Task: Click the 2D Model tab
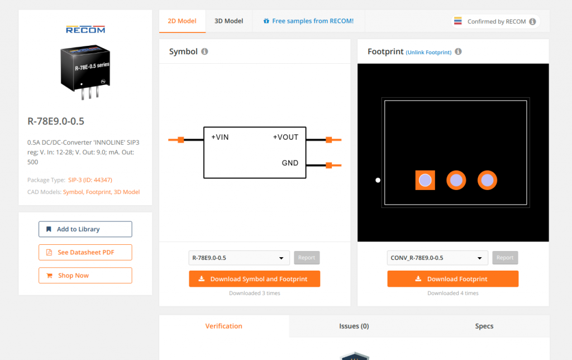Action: tap(182, 21)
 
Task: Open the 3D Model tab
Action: tap(228, 21)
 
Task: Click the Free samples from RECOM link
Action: tap(308, 21)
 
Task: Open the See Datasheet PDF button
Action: tap(85, 252)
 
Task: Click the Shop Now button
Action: tap(85, 276)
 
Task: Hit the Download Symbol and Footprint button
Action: tap(254, 279)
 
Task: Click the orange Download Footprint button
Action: tap(452, 279)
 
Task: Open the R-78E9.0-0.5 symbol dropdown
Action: tap(239, 258)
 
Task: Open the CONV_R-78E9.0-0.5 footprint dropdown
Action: tap(437, 258)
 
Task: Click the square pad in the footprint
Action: tap(425, 180)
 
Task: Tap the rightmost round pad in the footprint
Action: tap(487, 180)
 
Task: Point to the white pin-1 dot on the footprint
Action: tap(378, 180)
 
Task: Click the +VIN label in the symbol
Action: tap(220, 138)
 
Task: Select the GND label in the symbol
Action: tap(290, 163)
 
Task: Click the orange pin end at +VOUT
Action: tap(330, 140)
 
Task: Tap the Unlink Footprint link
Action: tap(428, 53)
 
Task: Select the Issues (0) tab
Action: tap(354, 326)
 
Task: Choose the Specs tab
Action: tap(484, 326)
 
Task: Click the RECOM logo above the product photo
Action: tap(85, 30)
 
